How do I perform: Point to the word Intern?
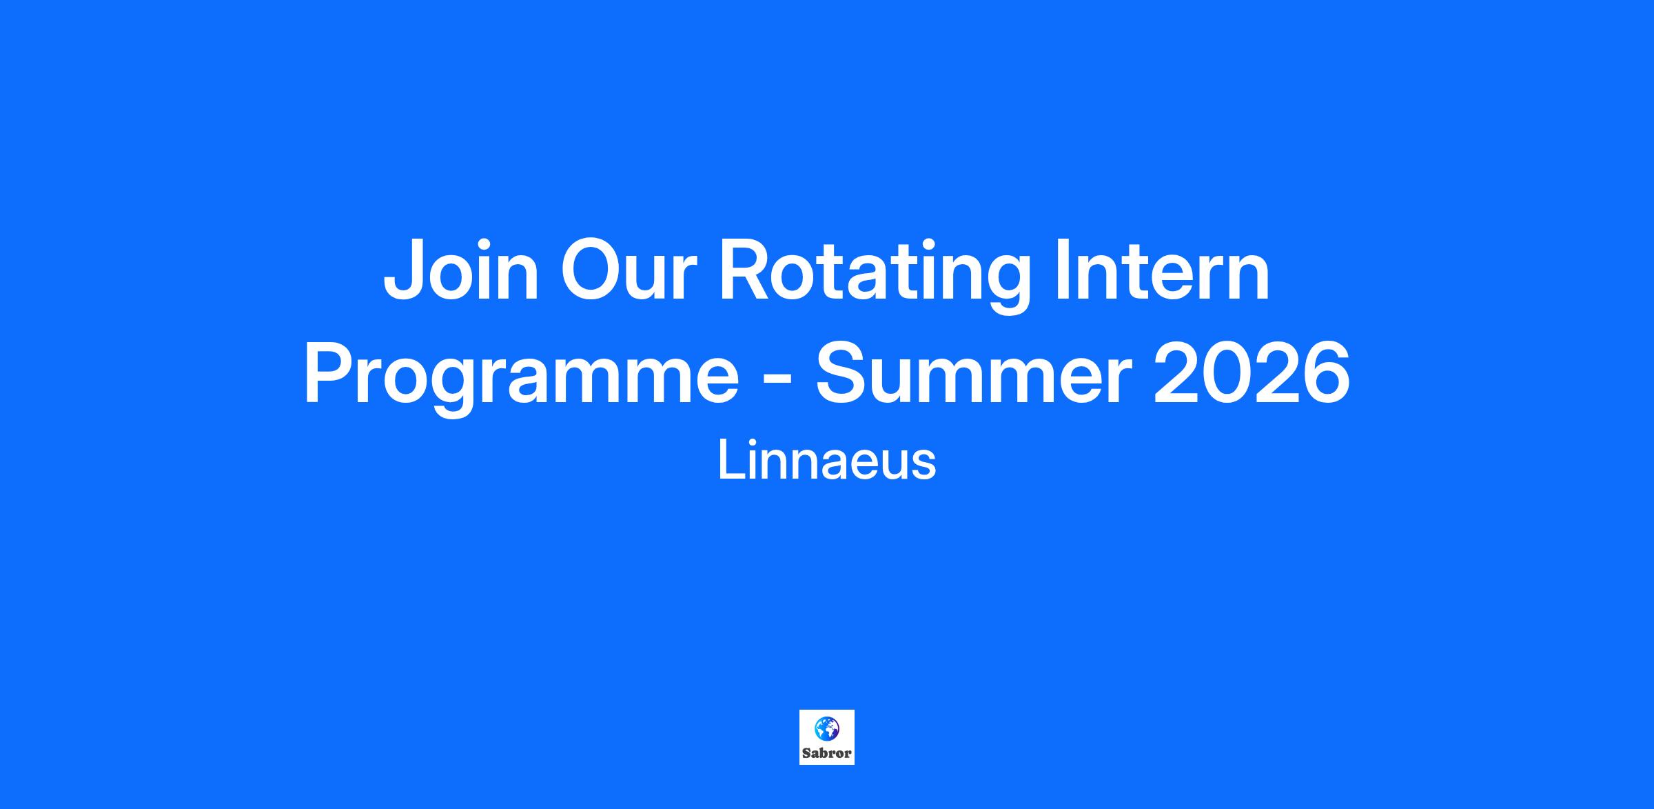point(1163,270)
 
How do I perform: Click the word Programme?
point(521,379)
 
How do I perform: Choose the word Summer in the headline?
point(973,373)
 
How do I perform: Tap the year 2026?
point(1252,372)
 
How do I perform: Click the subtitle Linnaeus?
point(827,461)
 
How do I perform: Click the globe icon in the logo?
point(826,728)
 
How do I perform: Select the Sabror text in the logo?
point(827,753)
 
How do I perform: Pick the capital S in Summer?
point(842,372)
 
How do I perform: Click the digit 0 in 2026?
point(1227,373)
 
